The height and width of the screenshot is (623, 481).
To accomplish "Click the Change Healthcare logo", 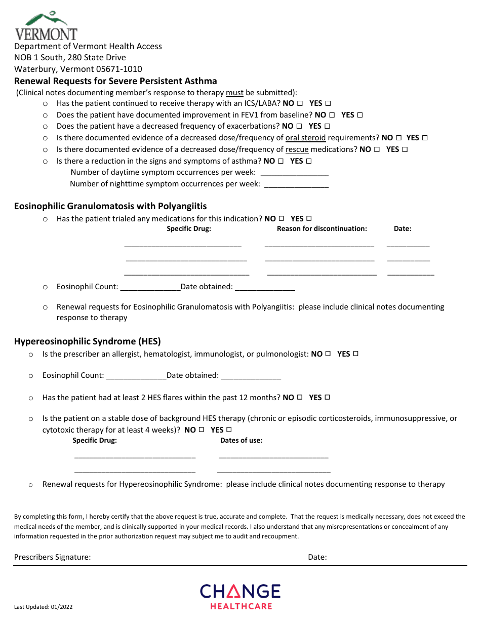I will pos(240,596).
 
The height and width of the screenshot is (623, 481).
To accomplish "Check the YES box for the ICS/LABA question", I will pos(328,103).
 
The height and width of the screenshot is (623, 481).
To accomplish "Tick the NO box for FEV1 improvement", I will pos(332,114).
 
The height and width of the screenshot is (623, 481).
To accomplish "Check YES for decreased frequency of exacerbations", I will pos(327,126).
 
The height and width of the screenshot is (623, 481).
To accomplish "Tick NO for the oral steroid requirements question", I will pos(399,137).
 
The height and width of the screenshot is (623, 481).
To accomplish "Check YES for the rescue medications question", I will pos(405,149).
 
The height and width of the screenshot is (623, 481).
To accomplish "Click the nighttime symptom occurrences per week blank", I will pos(296,184).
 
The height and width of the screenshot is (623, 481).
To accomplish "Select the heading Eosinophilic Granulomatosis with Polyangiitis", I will pos(110,206).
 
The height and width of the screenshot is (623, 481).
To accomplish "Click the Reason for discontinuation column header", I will pos(322,228).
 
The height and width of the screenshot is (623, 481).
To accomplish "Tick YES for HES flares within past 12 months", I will pos(328,397).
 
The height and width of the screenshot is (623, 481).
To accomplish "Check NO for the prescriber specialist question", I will pos(328,354).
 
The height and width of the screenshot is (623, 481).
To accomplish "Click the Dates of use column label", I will pos(241,440).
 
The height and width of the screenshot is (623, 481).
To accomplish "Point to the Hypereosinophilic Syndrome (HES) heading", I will pos(88,341).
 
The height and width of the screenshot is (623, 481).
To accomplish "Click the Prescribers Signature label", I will pos(53,557).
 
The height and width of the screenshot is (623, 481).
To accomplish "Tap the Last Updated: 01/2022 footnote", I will pos(43,607).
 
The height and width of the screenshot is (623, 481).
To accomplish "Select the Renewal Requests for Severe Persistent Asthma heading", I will pos(115,81).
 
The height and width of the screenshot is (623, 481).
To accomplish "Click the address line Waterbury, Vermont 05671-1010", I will pos(78,69).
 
